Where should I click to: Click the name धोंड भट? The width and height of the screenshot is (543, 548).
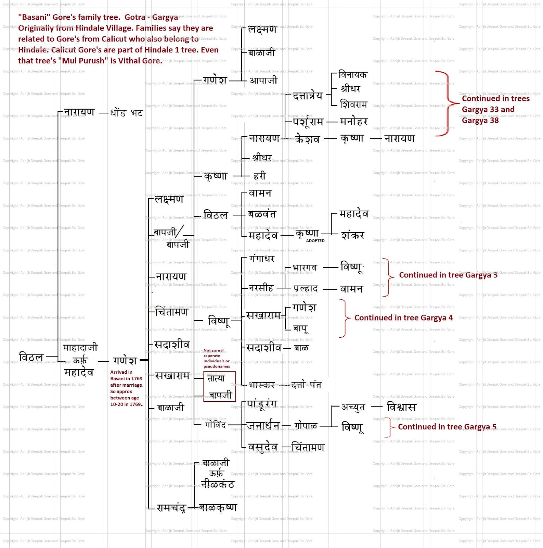[126, 113]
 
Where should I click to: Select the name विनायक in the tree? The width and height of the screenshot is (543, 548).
[352, 75]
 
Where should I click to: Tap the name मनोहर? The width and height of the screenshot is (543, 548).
[354, 121]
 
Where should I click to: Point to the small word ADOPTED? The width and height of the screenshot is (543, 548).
[315, 241]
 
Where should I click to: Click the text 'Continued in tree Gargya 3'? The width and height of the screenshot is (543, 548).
[448, 275]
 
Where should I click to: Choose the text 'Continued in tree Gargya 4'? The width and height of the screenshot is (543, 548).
[403, 318]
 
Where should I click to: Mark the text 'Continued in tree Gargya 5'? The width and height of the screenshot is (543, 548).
[447, 427]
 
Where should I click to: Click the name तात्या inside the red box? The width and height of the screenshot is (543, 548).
[216, 378]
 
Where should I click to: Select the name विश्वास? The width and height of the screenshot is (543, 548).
[401, 407]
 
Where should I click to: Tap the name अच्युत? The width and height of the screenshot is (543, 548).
[353, 407]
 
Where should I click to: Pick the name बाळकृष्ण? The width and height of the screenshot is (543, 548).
[218, 507]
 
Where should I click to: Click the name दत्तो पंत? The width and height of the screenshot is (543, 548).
[306, 385]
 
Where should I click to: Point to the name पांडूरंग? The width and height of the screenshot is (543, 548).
[262, 404]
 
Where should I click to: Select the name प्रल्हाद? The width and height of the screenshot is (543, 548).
[306, 289]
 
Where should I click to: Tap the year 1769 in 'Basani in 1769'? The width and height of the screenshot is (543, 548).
[137, 378]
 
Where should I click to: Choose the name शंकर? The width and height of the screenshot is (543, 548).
[353, 235]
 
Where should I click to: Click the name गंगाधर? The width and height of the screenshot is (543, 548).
[262, 258]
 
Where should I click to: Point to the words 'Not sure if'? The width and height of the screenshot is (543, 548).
[214, 350]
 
